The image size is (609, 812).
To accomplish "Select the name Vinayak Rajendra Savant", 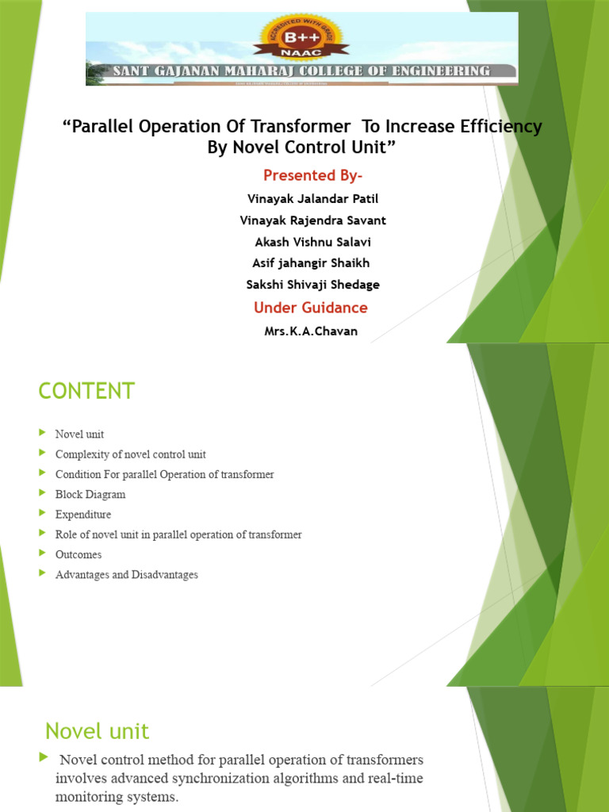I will (312, 220).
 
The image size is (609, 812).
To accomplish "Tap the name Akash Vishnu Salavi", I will (312, 242).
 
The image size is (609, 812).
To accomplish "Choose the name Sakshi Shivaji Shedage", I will (312, 284).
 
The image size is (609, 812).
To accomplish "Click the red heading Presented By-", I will (312, 175).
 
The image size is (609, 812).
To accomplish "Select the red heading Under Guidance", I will (311, 308).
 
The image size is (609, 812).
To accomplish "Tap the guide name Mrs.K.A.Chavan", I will (311, 331).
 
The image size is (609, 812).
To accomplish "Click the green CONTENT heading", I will (87, 391).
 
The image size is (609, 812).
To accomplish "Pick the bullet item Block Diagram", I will (90, 494).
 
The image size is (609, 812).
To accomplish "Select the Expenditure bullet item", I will (83, 515).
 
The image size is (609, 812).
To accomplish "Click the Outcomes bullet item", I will (79, 554).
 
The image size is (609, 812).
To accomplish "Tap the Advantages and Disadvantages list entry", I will (126, 575).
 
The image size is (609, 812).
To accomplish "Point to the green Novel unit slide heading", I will (97, 730).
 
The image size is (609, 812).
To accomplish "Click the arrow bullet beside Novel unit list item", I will (42, 434).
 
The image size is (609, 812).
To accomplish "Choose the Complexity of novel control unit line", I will (130, 454).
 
